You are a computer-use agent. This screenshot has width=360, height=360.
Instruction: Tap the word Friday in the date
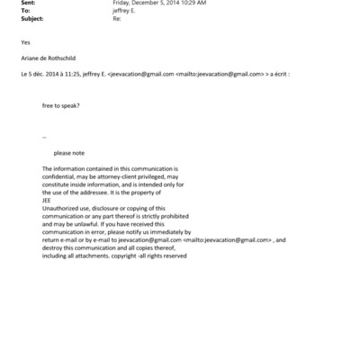(x=121, y=4)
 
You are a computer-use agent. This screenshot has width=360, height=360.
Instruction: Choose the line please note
(x=69, y=153)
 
